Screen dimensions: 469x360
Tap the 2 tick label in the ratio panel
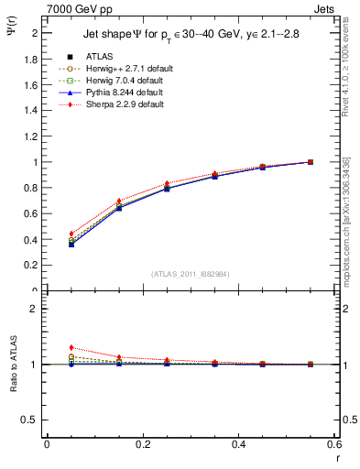(x=35, y=309)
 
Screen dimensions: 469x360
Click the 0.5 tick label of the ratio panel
(x=30, y=420)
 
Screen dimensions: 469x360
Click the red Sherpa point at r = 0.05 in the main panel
(x=71, y=234)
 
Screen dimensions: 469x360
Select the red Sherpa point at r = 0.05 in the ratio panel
(x=71, y=347)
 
